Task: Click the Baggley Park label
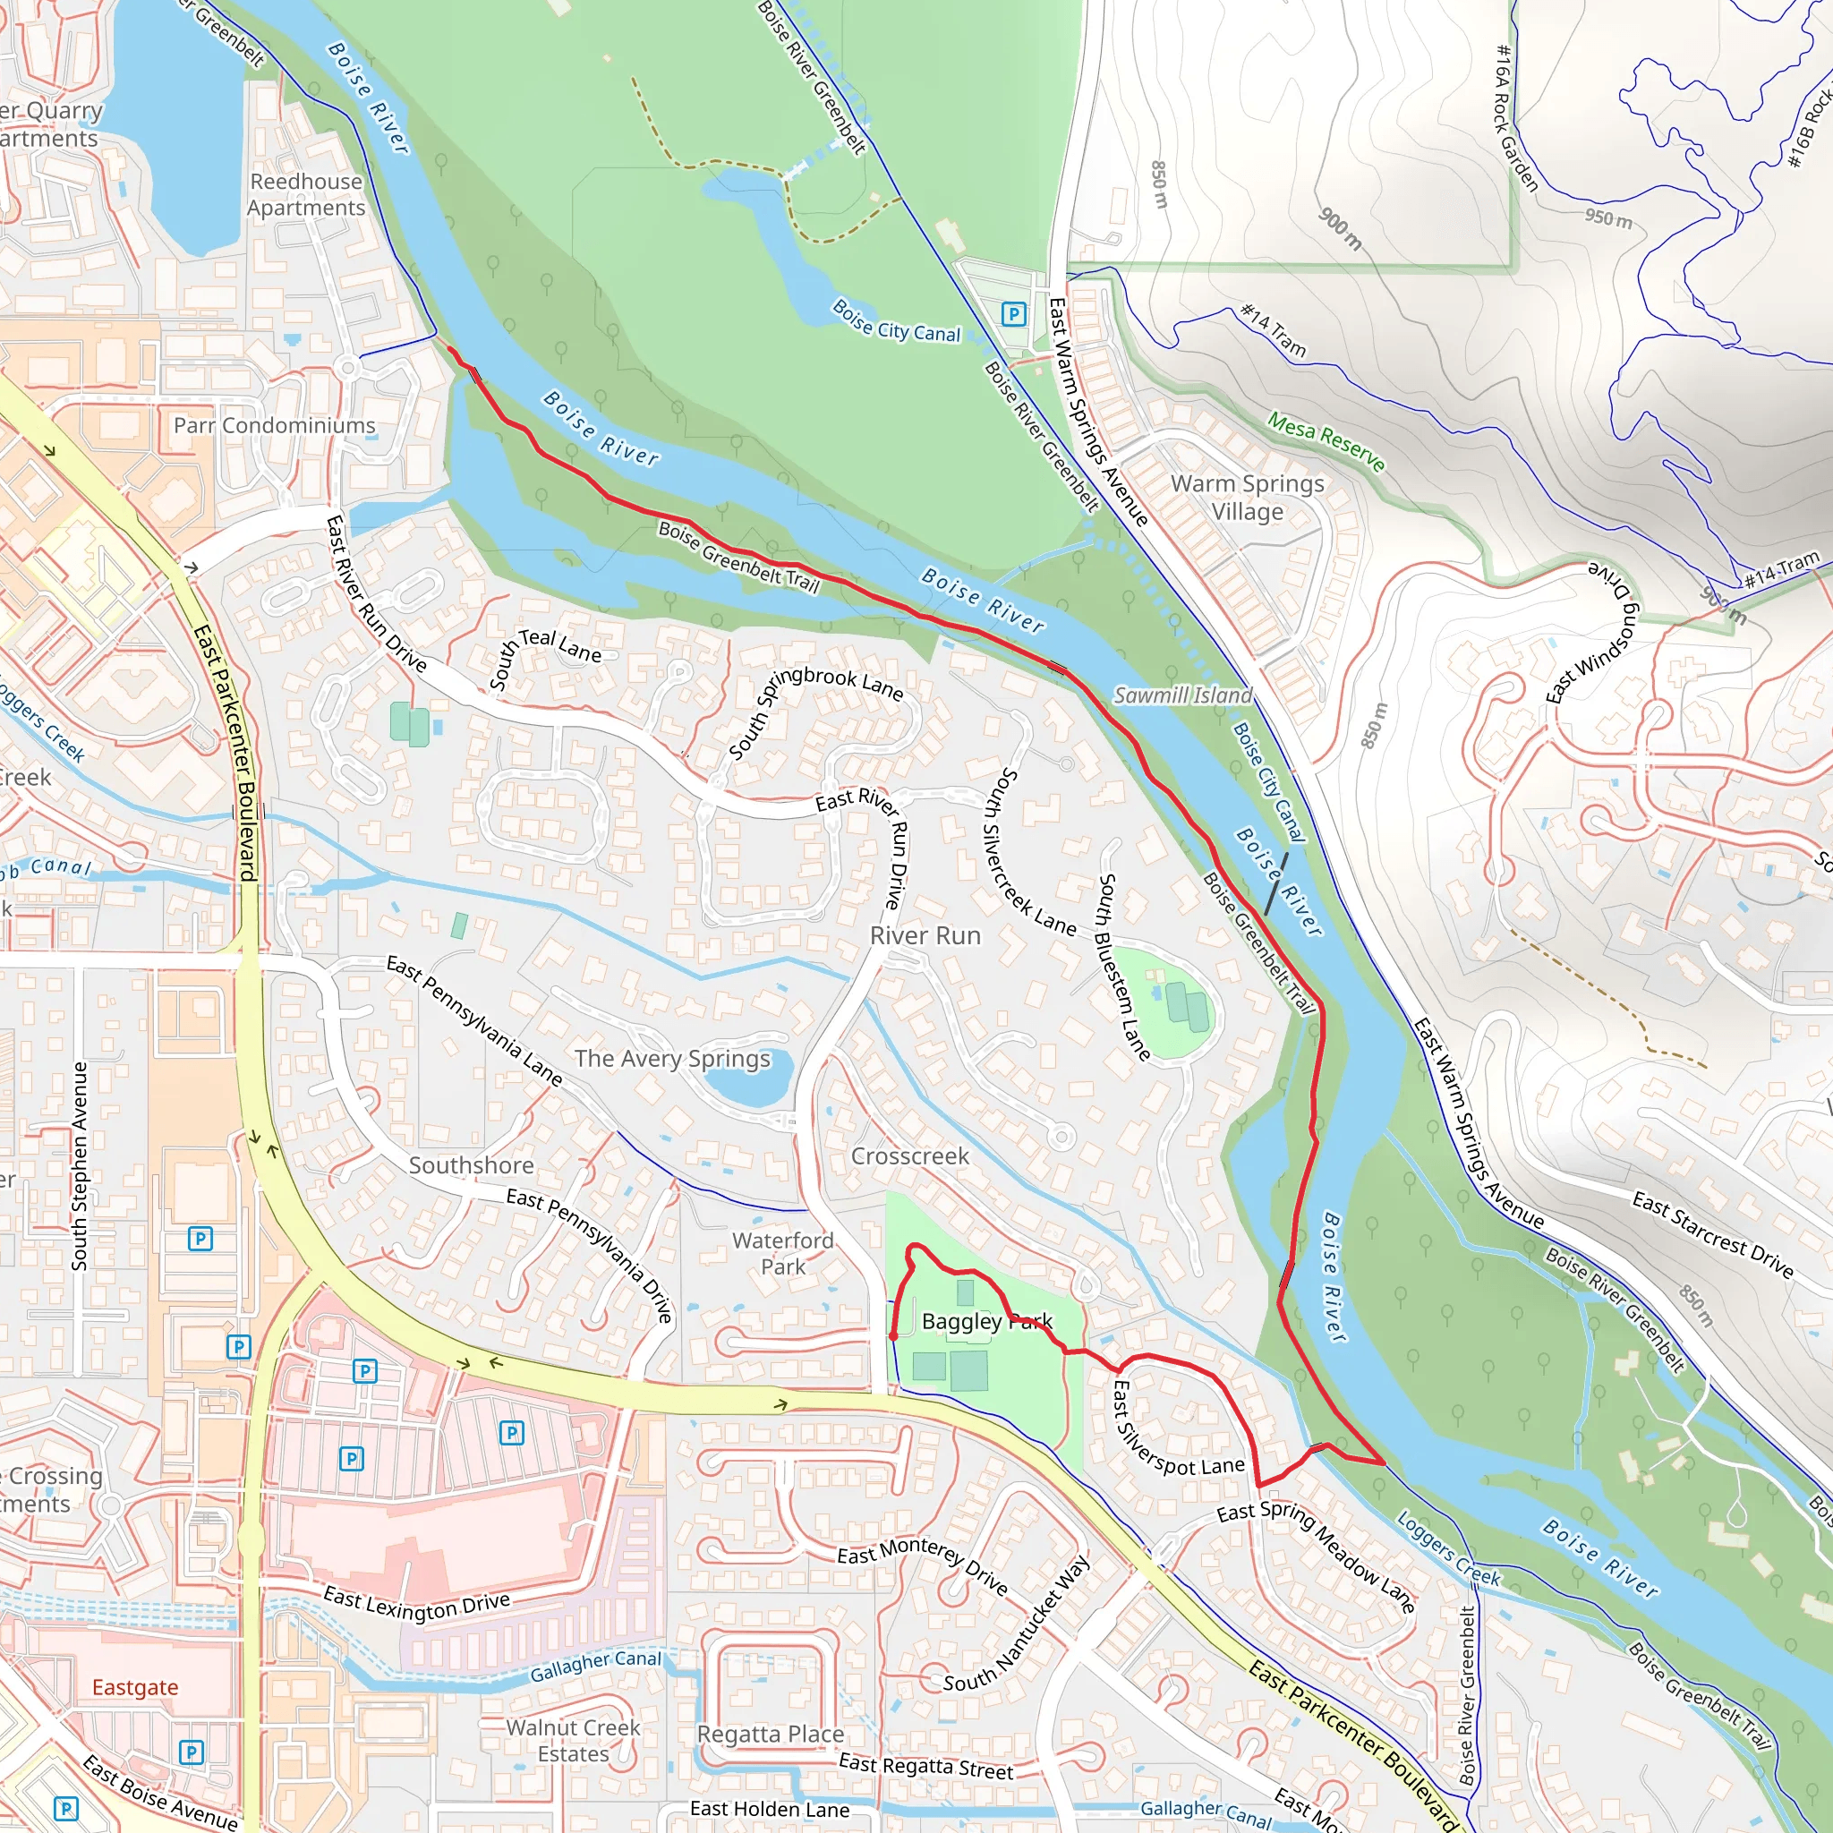pyautogui.click(x=986, y=1321)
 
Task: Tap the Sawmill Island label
pyautogui.click(x=1182, y=695)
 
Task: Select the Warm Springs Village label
pyautogui.click(x=1247, y=497)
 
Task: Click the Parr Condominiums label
pyautogui.click(x=274, y=425)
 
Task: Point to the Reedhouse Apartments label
pyautogui.click(x=305, y=193)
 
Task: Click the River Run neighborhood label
pyautogui.click(x=925, y=935)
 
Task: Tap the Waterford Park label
pyautogui.click(x=783, y=1252)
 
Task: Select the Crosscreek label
pyautogui.click(x=910, y=1155)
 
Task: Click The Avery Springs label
pyautogui.click(x=672, y=1058)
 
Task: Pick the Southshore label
pyautogui.click(x=471, y=1165)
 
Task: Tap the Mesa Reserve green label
pyautogui.click(x=1326, y=441)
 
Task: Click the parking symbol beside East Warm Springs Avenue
pyautogui.click(x=1014, y=313)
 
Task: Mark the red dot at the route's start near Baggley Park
pyautogui.click(x=892, y=1337)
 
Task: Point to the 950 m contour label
pyautogui.click(x=1609, y=218)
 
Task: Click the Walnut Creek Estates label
pyautogui.click(x=573, y=1740)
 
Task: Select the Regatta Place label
pyautogui.click(x=771, y=1734)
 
